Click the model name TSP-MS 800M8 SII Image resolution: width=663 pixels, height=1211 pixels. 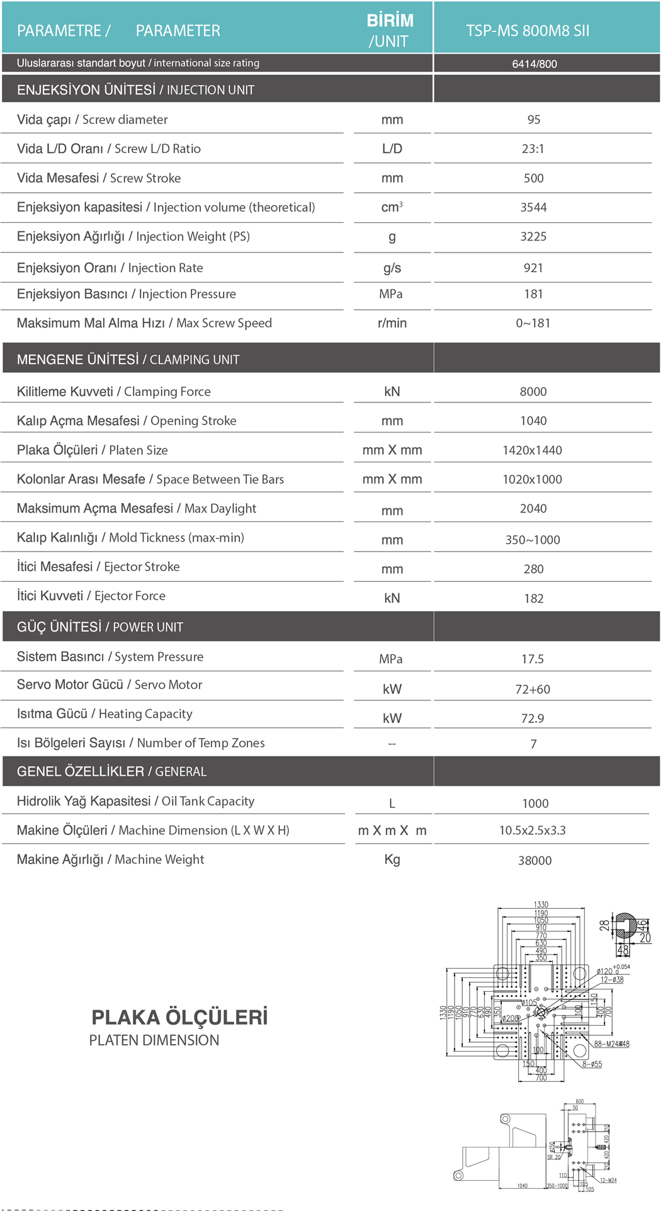[x=528, y=31]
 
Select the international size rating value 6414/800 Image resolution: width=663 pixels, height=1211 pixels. [x=535, y=64]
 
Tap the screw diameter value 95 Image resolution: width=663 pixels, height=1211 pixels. [x=534, y=120]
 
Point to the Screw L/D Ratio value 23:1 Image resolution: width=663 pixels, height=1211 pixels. [x=533, y=149]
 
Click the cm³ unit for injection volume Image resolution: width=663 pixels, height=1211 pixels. [x=392, y=207]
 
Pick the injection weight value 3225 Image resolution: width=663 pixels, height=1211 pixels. [x=533, y=237]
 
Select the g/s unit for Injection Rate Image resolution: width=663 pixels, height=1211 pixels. [x=392, y=268]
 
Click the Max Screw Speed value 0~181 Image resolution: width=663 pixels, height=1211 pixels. [x=533, y=323]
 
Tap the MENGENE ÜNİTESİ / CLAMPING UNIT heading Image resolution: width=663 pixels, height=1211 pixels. [x=128, y=360]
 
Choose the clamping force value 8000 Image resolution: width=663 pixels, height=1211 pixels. [x=533, y=392]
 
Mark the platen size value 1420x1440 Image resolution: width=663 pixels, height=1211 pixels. [x=532, y=450]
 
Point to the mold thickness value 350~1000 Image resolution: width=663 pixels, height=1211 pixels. [x=533, y=540]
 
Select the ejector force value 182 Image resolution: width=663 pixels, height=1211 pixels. [x=534, y=598]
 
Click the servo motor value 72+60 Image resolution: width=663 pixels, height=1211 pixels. [x=533, y=690]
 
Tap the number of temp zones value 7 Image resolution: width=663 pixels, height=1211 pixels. [x=533, y=744]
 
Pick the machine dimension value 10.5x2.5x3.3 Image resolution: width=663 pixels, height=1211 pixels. [x=532, y=831]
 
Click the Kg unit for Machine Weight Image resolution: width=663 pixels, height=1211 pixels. [x=392, y=860]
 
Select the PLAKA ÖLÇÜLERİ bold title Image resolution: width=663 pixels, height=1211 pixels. [x=179, y=1017]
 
